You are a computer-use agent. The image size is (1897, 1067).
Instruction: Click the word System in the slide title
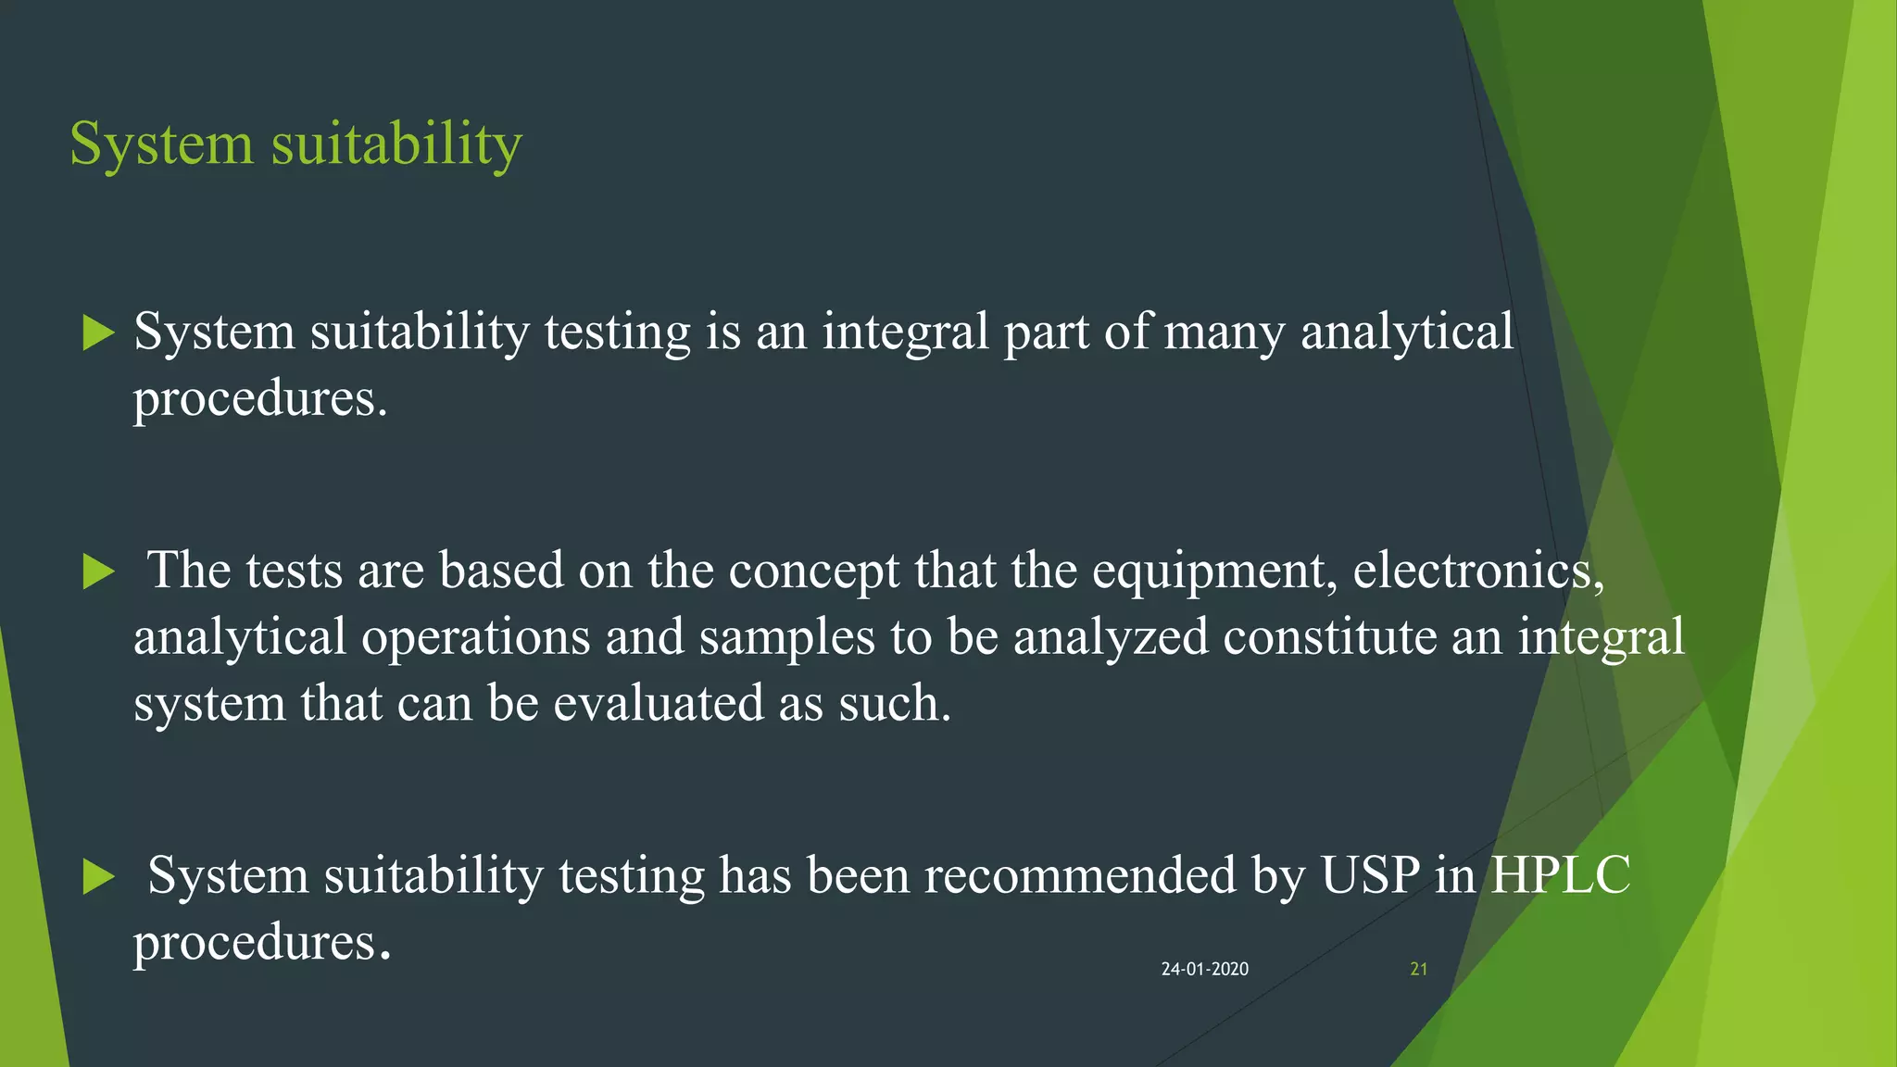(x=161, y=144)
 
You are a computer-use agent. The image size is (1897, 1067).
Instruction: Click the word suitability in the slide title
(x=396, y=144)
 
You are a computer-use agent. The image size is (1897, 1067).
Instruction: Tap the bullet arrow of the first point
(x=98, y=333)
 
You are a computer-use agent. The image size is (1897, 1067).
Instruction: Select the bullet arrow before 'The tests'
(x=98, y=571)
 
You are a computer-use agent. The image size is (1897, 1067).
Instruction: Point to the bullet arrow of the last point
(x=98, y=876)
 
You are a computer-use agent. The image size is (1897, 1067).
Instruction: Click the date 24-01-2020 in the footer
(x=1204, y=969)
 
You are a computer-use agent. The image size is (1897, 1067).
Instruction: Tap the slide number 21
(x=1418, y=969)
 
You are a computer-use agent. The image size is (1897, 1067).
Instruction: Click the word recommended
(x=1080, y=875)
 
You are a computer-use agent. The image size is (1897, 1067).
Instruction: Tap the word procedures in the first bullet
(x=259, y=400)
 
